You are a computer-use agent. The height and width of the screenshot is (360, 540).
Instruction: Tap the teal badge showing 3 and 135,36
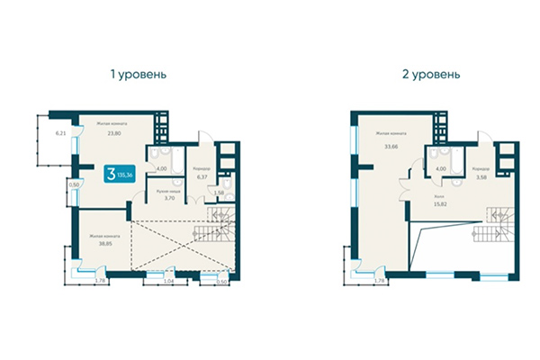coord(120,174)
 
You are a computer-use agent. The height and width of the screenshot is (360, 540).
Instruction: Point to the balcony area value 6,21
coord(61,133)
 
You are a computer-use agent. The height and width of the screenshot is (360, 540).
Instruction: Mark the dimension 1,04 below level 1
coord(168,282)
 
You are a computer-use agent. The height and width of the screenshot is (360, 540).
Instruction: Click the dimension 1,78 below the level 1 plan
coord(102,282)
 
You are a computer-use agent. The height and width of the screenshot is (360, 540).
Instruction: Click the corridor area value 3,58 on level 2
coord(481,175)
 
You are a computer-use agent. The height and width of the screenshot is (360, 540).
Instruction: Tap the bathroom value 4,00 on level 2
coord(441,167)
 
